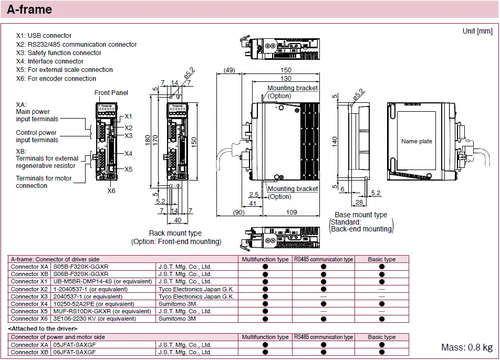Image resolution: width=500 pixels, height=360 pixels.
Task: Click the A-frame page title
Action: (x=29, y=9)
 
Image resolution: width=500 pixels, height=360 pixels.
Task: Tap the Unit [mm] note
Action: (x=477, y=31)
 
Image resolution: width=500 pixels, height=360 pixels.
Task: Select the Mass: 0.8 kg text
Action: (x=466, y=347)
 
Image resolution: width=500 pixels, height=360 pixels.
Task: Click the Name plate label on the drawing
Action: (x=416, y=141)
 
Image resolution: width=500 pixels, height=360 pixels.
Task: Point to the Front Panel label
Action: (x=111, y=93)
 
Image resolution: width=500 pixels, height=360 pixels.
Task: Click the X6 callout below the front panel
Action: (x=111, y=190)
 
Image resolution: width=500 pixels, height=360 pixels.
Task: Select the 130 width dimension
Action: (x=286, y=78)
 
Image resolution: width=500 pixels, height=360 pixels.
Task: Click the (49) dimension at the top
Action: (x=229, y=70)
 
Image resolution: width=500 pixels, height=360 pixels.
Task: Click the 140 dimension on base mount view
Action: (x=335, y=142)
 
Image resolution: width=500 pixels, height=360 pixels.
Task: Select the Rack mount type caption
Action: (x=175, y=233)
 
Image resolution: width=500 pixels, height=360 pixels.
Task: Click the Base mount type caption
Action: (x=361, y=215)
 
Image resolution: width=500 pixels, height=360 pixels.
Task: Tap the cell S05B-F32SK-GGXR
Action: (x=81, y=267)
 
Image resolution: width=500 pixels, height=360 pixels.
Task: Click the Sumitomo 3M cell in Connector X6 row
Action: (x=177, y=319)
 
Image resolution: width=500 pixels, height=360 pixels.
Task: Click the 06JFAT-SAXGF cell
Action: (x=75, y=352)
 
